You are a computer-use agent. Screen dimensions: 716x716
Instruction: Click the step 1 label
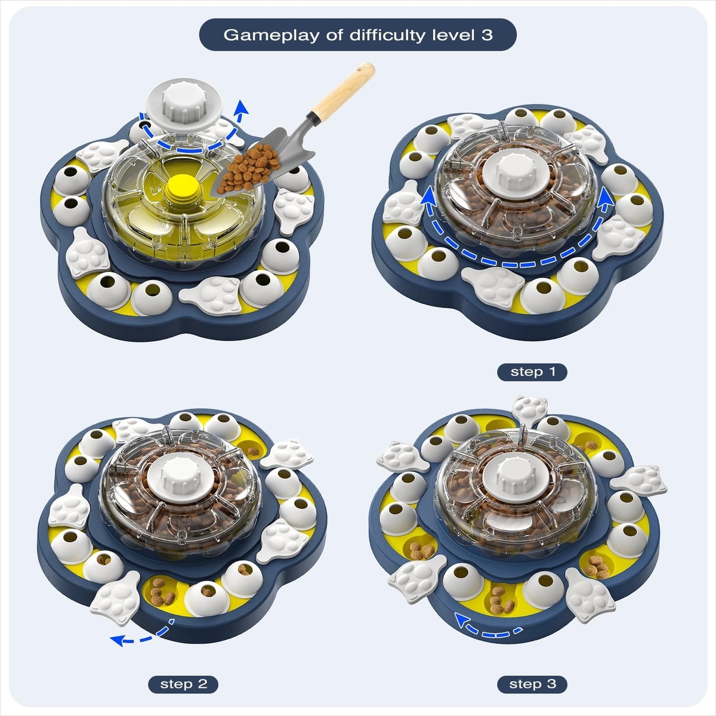(532, 372)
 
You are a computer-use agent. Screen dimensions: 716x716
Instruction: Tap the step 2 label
(183, 684)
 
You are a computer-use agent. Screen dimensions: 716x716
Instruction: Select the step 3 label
(532, 684)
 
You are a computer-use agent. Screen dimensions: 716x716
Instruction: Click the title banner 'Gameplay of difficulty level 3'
(358, 35)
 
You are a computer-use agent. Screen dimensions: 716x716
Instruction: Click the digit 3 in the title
(487, 35)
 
